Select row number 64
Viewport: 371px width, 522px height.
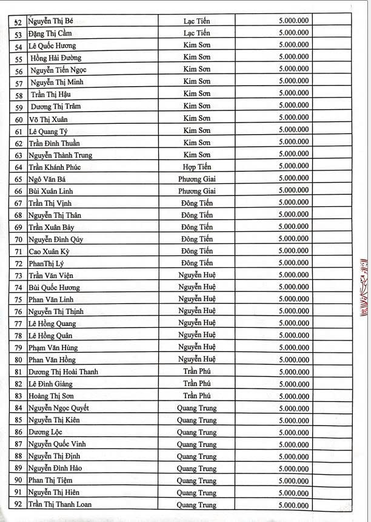tap(19, 167)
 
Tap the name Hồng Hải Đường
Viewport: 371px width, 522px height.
tap(58, 58)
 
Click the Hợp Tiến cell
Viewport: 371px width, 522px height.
tap(197, 166)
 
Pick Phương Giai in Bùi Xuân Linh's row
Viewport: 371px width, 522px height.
tap(197, 191)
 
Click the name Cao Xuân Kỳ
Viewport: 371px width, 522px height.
tap(53, 251)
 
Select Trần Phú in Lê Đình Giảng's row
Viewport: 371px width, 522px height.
tap(197, 384)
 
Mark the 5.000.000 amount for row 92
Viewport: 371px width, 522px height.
tap(294, 505)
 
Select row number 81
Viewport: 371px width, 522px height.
tap(19, 372)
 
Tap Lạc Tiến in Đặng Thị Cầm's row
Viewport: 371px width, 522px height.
tap(197, 34)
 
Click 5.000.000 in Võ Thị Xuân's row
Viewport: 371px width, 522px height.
tap(294, 118)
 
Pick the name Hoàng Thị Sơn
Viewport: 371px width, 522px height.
tap(55, 396)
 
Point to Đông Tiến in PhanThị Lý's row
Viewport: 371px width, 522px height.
tap(197, 263)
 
